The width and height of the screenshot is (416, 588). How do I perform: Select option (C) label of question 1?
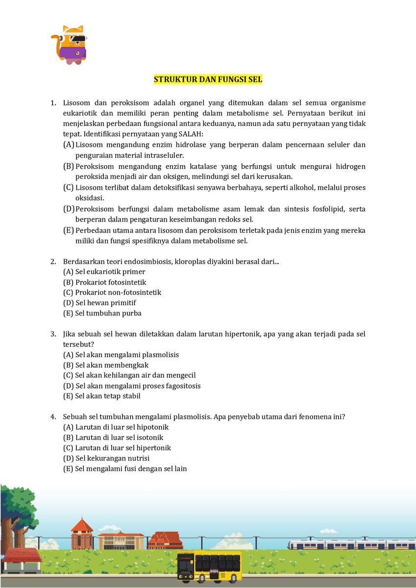(69, 188)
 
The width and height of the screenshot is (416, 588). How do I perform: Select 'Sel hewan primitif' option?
(105, 303)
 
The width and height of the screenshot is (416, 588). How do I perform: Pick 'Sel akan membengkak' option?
(112, 365)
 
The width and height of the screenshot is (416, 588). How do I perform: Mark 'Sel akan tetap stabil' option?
(108, 396)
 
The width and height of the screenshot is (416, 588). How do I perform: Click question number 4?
(53, 417)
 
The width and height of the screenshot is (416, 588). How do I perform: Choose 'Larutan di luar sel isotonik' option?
(119, 438)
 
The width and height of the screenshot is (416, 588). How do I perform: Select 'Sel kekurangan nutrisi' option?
(112, 458)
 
